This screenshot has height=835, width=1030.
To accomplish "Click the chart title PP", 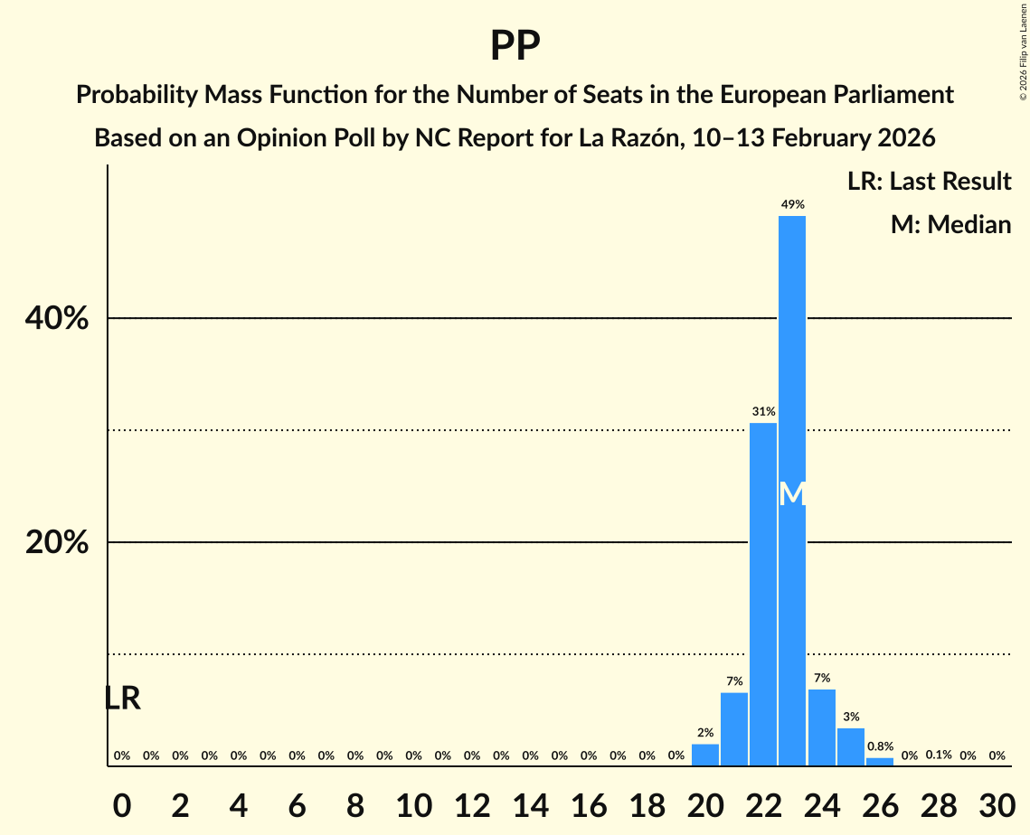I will click(515, 45).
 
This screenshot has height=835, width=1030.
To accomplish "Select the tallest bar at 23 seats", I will click(792, 361).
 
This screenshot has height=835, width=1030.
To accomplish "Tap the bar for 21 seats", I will click(734, 728).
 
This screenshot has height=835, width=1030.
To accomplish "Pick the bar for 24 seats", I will click(821, 727).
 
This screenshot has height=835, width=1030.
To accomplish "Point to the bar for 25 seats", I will click(851, 746).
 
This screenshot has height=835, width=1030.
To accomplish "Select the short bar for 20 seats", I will click(705, 755).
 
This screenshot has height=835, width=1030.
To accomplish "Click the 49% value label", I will click(792, 205).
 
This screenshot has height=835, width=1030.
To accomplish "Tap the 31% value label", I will click(763, 412).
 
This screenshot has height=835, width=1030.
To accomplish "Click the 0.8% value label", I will click(880, 747).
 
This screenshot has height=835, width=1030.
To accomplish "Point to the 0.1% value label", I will click(938, 755).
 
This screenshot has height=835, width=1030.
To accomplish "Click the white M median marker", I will click(792, 493).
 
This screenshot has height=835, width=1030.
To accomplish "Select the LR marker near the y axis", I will click(122, 698).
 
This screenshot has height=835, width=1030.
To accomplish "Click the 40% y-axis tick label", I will click(57, 319).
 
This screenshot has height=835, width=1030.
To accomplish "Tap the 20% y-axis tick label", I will click(57, 543).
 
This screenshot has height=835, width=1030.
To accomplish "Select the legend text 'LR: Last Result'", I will click(929, 182).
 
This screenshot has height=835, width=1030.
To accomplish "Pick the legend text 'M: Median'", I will click(950, 224).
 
